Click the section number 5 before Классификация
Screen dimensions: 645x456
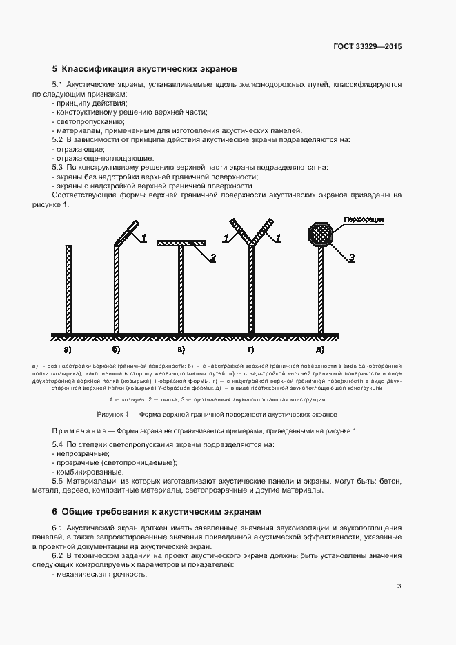pos(54,69)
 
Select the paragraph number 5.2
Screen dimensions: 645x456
pos(57,139)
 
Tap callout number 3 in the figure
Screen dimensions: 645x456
pos(351,257)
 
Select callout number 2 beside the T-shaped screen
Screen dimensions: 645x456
pos(213,257)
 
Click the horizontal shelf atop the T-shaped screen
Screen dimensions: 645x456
pos(182,243)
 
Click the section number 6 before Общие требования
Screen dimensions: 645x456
pos(54,511)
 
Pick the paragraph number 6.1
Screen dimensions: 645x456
pos(57,528)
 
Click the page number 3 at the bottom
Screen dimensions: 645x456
pos(399,587)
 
